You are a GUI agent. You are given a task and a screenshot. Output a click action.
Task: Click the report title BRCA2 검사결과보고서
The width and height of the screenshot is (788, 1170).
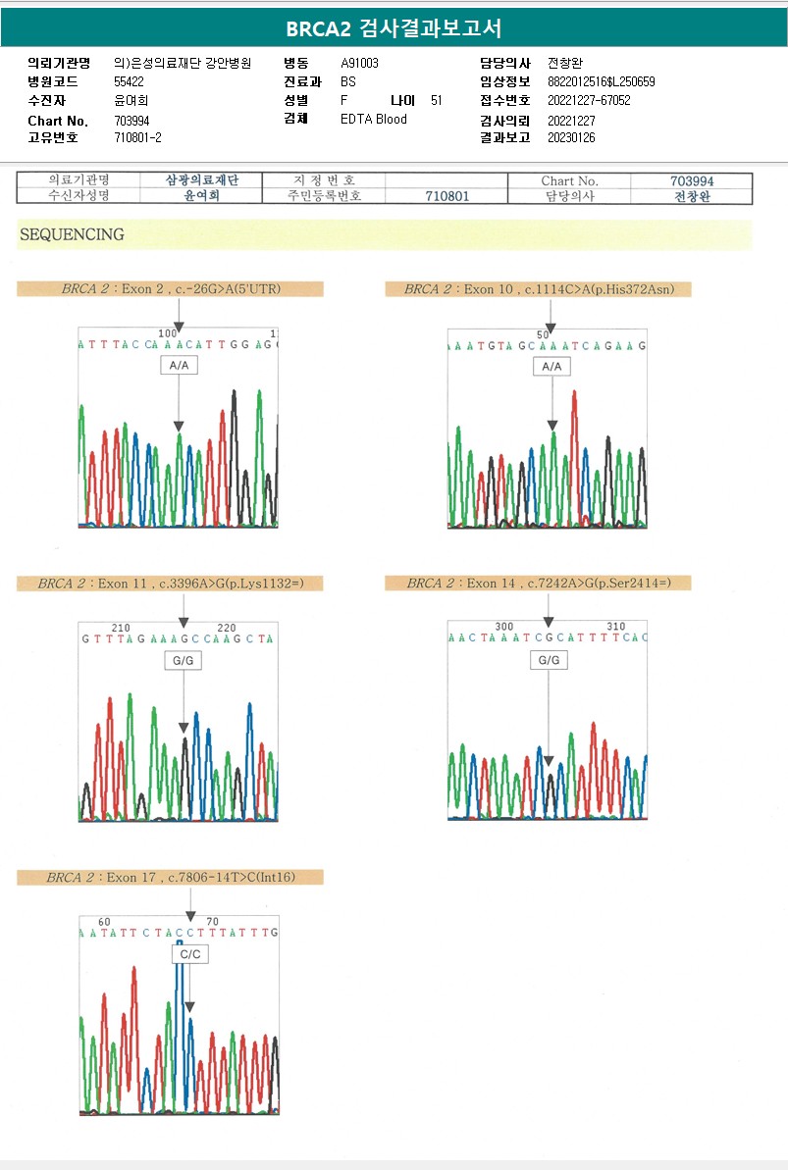pos(394,28)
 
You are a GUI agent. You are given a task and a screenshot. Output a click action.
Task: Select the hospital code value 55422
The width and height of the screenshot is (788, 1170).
pos(129,81)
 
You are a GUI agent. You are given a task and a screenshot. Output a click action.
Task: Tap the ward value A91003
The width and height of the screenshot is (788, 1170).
pos(359,63)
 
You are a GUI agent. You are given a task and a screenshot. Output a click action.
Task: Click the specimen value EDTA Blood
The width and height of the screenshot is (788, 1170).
pos(373,119)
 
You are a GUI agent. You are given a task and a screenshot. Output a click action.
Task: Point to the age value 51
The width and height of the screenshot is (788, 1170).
pos(436,100)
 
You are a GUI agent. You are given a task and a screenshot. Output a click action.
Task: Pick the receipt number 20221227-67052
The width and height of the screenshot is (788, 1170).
pos(589,100)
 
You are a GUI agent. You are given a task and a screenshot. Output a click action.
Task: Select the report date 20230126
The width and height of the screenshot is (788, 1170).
pos(571,137)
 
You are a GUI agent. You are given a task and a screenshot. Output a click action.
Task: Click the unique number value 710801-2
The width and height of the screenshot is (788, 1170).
pos(137,137)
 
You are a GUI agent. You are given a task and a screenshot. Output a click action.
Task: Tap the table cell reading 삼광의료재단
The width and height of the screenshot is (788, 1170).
pos(203,180)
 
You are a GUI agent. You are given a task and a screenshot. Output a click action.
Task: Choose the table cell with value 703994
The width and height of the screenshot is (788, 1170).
pos(692,180)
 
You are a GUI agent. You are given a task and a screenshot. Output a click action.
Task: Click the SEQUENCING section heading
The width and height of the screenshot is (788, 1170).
pos(72,234)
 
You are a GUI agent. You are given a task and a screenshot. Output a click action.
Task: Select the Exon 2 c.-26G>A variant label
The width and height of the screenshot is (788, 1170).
pos(170,289)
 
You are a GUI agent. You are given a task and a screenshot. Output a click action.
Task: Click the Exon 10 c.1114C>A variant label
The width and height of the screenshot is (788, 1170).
pos(547,289)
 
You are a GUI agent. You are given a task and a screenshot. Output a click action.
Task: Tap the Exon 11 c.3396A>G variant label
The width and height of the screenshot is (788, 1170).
pos(170,584)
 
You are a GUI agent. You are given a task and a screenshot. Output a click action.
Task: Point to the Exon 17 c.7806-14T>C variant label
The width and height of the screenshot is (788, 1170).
pos(170,878)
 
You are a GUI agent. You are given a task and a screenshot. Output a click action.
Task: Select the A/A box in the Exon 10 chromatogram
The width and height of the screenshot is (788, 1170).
pos(552,366)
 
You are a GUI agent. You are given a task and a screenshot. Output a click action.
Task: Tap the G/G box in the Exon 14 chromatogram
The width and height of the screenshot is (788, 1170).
pos(549,660)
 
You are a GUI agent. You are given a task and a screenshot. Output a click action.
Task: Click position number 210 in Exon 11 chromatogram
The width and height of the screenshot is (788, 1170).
pos(121,628)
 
